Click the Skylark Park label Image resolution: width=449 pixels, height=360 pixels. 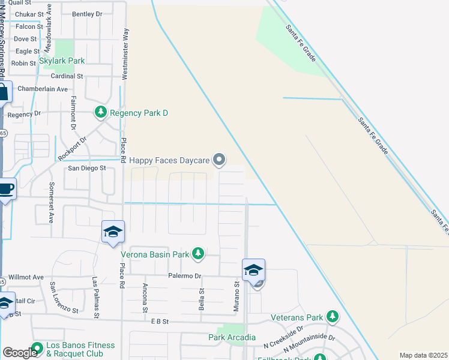point(62,61)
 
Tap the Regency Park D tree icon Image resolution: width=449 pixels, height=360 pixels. point(101,112)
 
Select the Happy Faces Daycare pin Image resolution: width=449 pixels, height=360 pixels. point(220,160)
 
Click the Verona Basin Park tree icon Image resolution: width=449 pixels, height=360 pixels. point(197,254)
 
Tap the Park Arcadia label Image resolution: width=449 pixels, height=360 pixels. point(232,338)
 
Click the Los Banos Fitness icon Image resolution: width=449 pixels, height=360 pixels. point(37,347)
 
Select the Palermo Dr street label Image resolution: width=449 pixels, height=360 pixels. point(184,276)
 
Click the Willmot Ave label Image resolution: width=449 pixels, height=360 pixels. point(26,277)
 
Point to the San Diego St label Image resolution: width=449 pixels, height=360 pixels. point(86,169)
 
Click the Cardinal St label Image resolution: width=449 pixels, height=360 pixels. point(67,76)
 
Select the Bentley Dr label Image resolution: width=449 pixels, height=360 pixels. point(87,13)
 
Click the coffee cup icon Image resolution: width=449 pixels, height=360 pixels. point(5,188)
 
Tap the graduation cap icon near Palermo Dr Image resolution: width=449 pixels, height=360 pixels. point(253,270)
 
